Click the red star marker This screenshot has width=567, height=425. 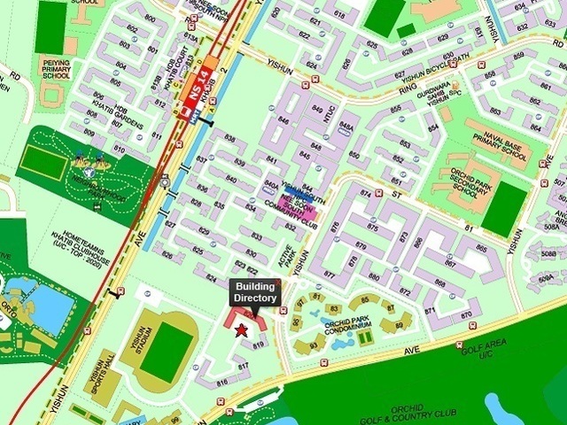pos(241,329)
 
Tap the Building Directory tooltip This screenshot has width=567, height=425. pos(255,292)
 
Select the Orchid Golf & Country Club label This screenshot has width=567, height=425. pos(416,413)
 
